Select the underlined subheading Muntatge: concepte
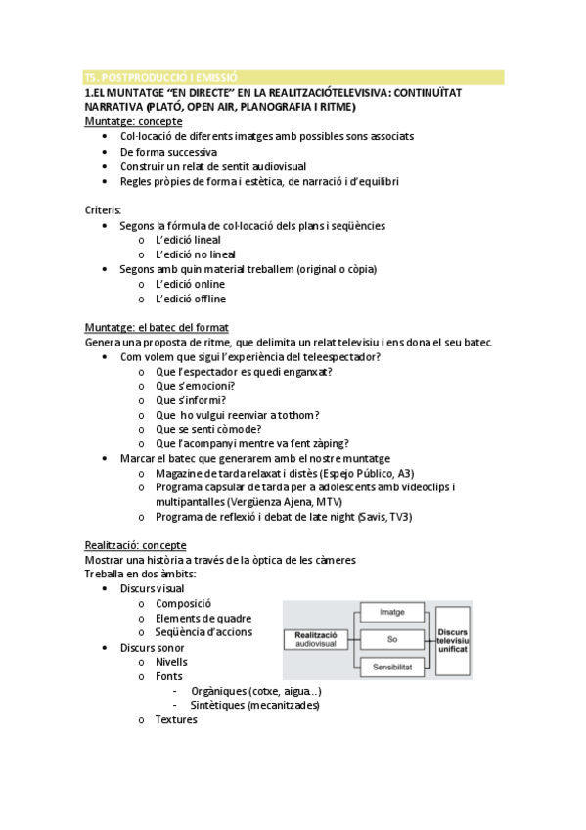(x=133, y=121)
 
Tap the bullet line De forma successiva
(x=168, y=152)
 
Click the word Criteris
(x=103, y=209)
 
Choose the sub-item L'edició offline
(x=191, y=299)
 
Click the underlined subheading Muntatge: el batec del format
(x=157, y=328)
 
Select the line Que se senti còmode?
(x=208, y=429)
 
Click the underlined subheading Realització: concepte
(x=135, y=545)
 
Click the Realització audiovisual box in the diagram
(x=315, y=638)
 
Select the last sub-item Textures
(x=176, y=719)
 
